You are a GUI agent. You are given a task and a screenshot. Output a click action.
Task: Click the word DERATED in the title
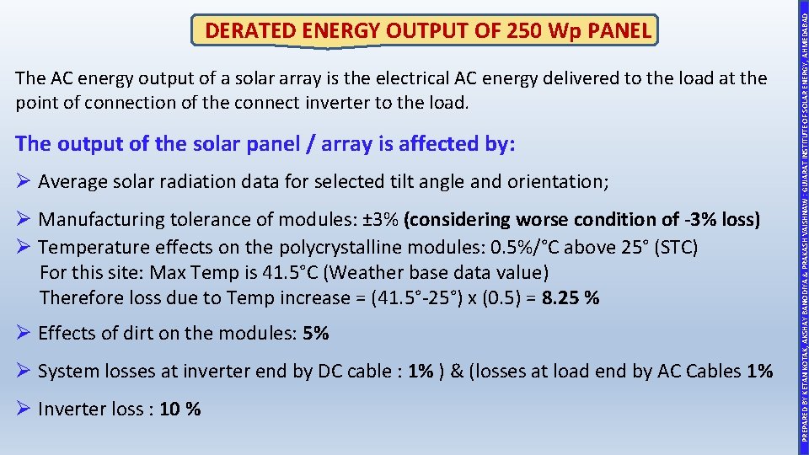pos(249,32)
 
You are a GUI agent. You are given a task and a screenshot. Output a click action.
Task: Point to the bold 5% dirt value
pos(315,334)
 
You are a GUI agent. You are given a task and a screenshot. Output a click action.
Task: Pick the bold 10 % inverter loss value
pos(180,409)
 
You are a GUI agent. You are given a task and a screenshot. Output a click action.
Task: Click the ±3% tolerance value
pos(382,220)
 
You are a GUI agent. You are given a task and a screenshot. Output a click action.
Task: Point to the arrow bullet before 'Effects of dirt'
pos(24,334)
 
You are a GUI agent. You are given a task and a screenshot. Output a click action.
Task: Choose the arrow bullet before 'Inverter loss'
pos(24,409)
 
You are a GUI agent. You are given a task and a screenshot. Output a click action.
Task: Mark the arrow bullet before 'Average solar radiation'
pos(24,181)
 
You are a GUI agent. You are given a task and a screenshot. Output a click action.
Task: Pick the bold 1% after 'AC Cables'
pos(759,372)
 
